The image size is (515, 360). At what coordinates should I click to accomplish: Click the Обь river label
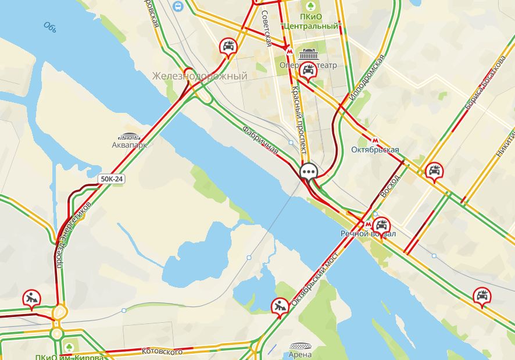[49, 26]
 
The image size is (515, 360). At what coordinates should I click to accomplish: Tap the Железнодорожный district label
[199, 76]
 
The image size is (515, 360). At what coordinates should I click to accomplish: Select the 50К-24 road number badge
[112, 179]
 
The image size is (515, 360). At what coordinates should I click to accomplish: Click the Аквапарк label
[129, 145]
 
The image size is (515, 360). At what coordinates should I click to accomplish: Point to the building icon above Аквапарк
[129, 135]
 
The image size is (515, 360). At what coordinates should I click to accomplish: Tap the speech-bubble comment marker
[308, 171]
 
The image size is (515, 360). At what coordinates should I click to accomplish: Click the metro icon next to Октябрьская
[375, 140]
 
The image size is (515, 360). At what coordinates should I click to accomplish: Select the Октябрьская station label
[375, 150]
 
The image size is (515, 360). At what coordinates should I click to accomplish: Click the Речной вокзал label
[368, 234]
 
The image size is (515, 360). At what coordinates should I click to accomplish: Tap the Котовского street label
[162, 351]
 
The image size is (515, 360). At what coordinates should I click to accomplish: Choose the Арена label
[300, 354]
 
